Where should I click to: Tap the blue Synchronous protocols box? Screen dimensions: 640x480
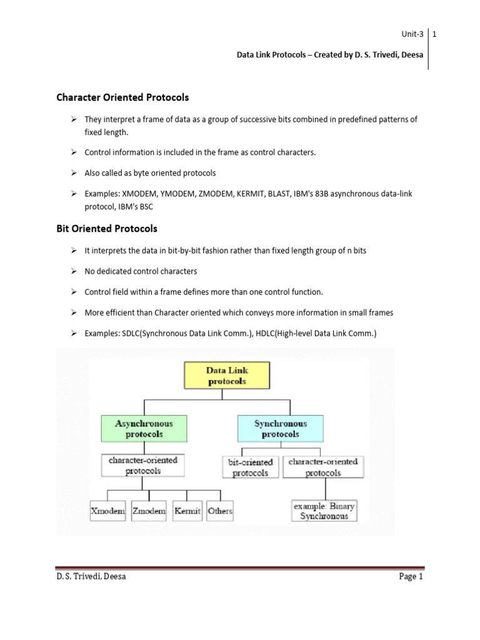pos(281,428)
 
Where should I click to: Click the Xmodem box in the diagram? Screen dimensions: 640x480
pos(108,511)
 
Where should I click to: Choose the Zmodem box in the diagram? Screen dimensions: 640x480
pos(149,511)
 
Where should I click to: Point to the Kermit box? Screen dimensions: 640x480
pos(187,511)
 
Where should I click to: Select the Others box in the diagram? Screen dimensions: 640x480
pos(219,511)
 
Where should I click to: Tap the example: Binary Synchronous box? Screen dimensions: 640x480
pos(324,511)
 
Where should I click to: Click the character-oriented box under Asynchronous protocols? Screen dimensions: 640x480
pos(143,466)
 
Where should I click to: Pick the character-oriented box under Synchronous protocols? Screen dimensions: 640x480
pos(323,467)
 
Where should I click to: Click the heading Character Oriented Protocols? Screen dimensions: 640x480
pos(122,98)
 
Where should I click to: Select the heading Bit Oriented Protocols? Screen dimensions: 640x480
pos(106,229)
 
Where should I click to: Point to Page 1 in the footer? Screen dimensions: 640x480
pos(411,577)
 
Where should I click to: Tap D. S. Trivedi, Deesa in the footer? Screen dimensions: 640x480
pos(91,577)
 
